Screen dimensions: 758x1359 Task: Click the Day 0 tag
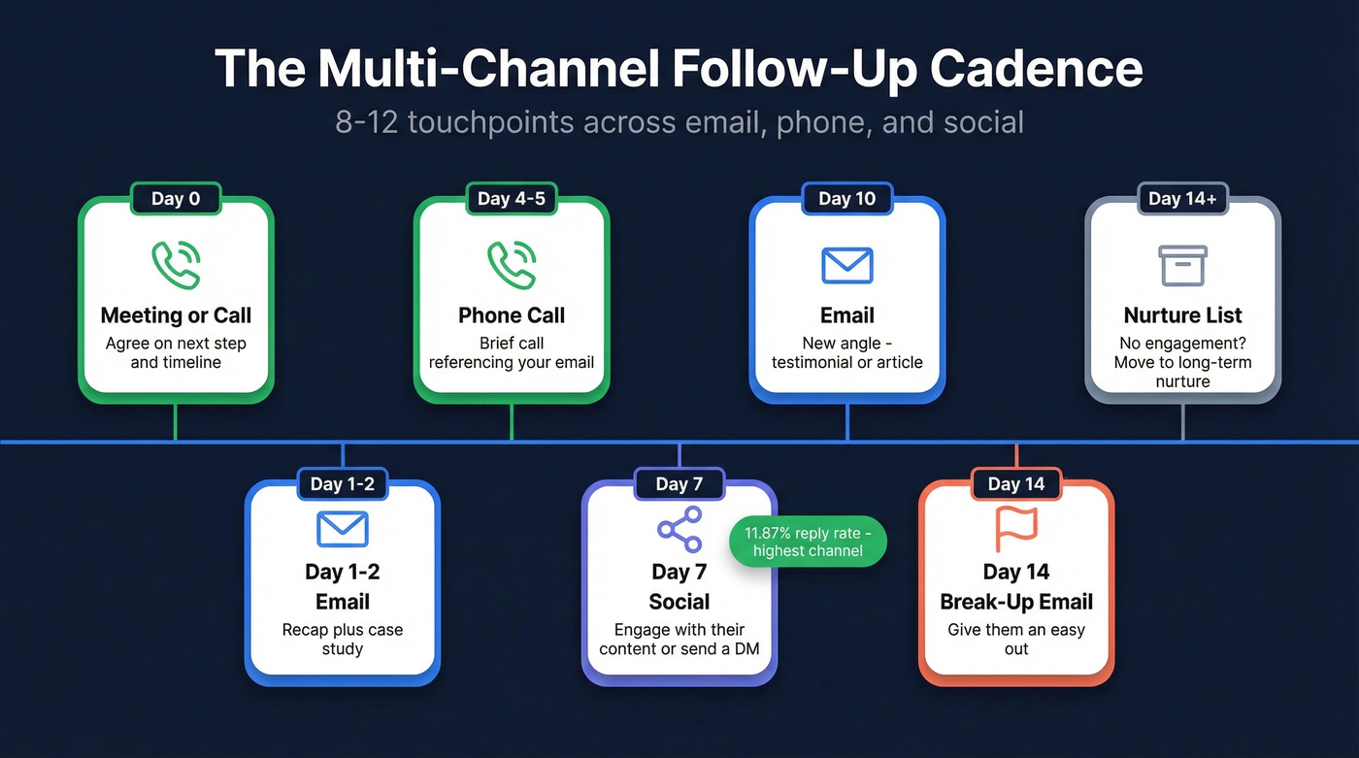[x=176, y=199]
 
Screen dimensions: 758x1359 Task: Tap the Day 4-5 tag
[x=512, y=199]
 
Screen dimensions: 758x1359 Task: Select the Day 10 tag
[x=846, y=199]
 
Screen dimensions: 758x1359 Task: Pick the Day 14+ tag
[x=1182, y=199]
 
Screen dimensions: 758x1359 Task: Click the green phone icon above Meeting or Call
[x=176, y=264]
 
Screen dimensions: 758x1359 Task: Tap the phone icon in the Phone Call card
[x=512, y=264]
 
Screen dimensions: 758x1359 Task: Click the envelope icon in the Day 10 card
[x=846, y=265]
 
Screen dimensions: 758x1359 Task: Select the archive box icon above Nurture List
[x=1182, y=265]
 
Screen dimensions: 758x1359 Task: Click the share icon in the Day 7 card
[x=679, y=529]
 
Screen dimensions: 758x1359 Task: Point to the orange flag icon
[x=1015, y=529]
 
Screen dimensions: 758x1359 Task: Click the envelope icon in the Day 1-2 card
[x=343, y=529]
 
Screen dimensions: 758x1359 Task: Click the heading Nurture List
[x=1182, y=315]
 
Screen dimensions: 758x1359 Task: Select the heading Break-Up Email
[x=1015, y=602]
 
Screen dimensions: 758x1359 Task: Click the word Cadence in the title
[x=1036, y=70]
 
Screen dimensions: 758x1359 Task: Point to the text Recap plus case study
[x=343, y=639]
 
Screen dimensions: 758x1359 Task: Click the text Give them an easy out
[x=1015, y=639]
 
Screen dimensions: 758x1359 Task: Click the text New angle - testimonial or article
[x=846, y=352]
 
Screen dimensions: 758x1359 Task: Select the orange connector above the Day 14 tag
[x=1015, y=456]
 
